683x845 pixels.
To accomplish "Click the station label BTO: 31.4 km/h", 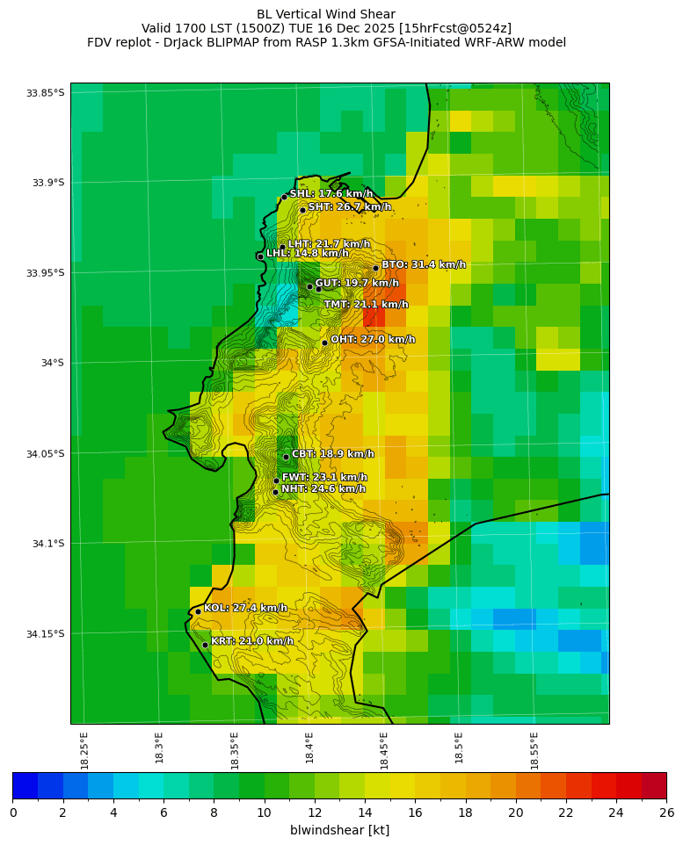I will pyautogui.click(x=423, y=264).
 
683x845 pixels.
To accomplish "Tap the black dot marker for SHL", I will pyautogui.click(x=285, y=197).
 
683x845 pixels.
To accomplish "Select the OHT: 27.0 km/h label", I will pyautogui.click(x=373, y=339).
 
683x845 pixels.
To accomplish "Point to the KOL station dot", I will pyautogui.click(x=198, y=611).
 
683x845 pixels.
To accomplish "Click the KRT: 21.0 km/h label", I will pyautogui.click(x=252, y=641).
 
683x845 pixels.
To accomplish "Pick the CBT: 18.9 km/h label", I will pyautogui.click(x=332, y=454).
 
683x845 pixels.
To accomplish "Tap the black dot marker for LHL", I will pyautogui.click(x=260, y=256).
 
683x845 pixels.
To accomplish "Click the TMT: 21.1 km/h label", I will pyautogui.click(x=366, y=305).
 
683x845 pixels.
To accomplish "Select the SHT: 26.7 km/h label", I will pyautogui.click(x=349, y=206).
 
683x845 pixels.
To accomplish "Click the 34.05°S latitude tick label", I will pyautogui.click(x=46, y=454).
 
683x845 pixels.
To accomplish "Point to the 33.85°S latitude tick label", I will pyautogui.click(x=46, y=93).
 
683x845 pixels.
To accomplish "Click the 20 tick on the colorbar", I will pyautogui.click(x=515, y=812).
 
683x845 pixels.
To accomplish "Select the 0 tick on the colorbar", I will pyautogui.click(x=13, y=812).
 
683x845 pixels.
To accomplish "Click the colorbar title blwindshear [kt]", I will pyautogui.click(x=339, y=830).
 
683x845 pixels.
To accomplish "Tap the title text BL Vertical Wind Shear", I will pyautogui.click(x=326, y=14).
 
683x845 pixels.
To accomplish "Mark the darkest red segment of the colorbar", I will pyautogui.click(x=653, y=785).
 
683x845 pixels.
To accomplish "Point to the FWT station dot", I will pyautogui.click(x=276, y=480).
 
